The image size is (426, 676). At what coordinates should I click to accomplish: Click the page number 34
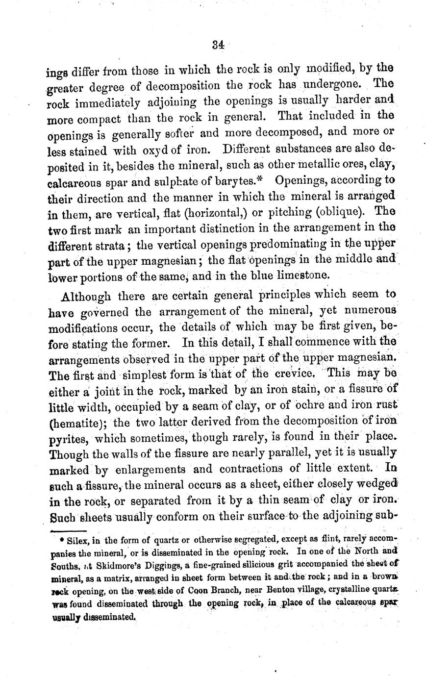(218, 44)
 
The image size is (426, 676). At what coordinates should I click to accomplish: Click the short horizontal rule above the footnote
(67, 530)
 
